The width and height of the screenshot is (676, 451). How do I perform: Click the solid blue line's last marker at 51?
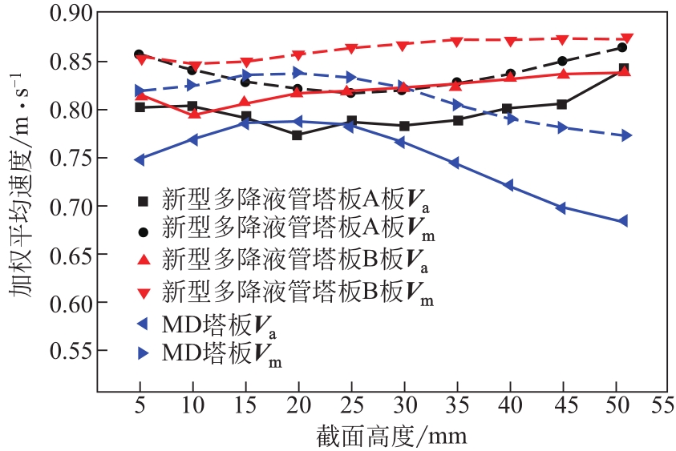[622, 221]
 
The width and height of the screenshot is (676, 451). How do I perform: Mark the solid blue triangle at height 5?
[140, 159]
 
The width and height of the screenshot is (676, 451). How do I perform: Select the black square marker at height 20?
[298, 135]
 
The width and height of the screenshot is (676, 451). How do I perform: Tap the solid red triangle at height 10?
[193, 114]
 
